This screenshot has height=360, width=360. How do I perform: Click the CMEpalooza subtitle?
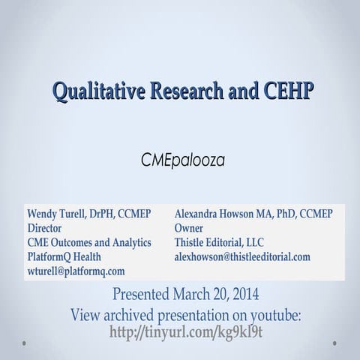click(181, 160)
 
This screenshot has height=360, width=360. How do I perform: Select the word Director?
click(44, 228)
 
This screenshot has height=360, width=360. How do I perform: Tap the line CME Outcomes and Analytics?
click(89, 242)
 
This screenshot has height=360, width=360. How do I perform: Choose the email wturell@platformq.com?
click(76, 271)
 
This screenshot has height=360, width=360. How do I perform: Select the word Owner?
click(188, 228)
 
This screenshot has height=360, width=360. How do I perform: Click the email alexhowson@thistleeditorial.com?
click(242, 256)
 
